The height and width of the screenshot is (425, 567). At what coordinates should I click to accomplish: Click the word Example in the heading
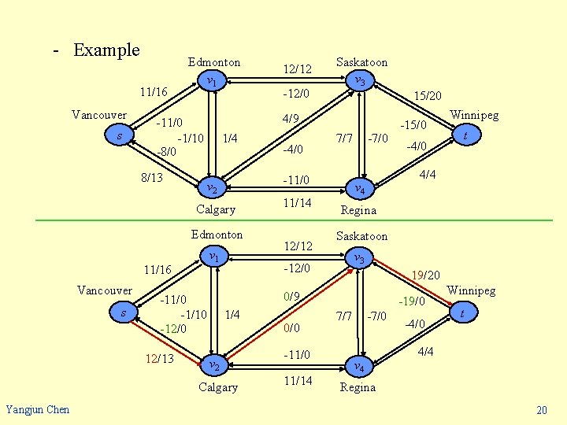(106, 50)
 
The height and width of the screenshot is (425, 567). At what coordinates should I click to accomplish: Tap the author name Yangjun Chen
(37, 408)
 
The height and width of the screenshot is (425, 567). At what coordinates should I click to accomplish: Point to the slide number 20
(541, 411)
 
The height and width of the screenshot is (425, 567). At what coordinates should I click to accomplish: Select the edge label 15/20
(428, 95)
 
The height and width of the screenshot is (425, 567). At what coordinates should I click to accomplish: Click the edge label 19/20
(425, 275)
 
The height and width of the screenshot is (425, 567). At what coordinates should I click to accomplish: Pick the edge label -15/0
(413, 124)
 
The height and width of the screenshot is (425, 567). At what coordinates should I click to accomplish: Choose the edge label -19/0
(412, 301)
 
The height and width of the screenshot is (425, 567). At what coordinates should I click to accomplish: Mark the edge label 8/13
(152, 178)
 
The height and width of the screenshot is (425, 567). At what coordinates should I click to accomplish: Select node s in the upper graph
(119, 136)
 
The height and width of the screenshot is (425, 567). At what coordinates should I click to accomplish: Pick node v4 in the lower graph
(358, 367)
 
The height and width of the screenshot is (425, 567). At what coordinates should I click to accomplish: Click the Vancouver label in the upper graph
(99, 116)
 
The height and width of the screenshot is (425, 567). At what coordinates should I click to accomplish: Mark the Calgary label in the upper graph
(216, 209)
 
